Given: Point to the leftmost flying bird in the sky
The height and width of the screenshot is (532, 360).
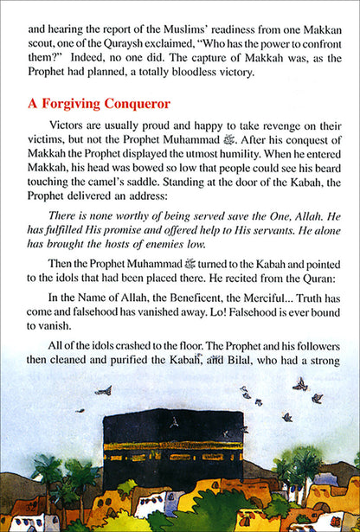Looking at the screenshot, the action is [104, 391].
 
